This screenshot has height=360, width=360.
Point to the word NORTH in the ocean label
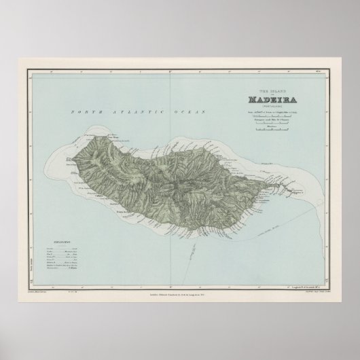pos(86,110)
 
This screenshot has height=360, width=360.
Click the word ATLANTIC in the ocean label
pos(120,110)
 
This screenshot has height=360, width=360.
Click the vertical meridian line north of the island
pos(180,109)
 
